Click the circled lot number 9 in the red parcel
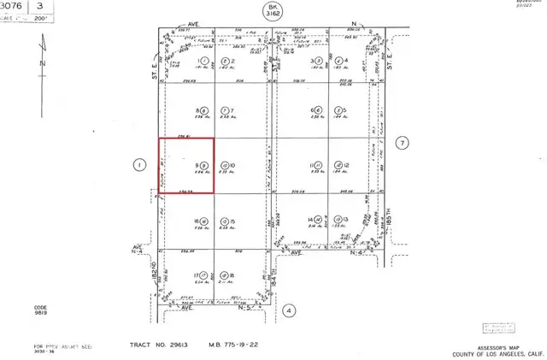pyautogui.click(x=203, y=165)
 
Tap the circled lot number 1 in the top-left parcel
pyautogui.click(x=203, y=62)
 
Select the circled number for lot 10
pyautogui.click(x=224, y=165)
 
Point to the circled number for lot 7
pyautogui.click(x=224, y=111)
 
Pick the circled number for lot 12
pyautogui.click(x=338, y=165)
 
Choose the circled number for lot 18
pyautogui.click(x=224, y=275)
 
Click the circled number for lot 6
pyautogui.click(x=319, y=111)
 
